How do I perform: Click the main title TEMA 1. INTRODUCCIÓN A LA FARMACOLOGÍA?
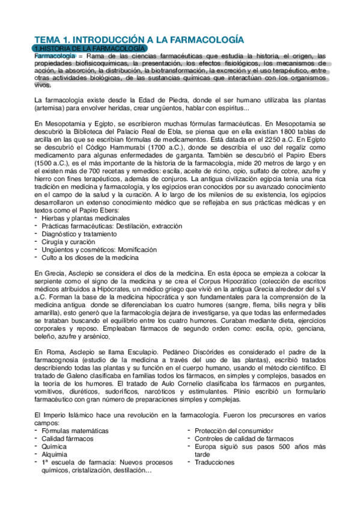click(x=139, y=39)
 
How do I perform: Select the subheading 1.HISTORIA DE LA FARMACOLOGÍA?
click(x=90, y=48)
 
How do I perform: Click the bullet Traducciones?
click(x=215, y=462)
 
